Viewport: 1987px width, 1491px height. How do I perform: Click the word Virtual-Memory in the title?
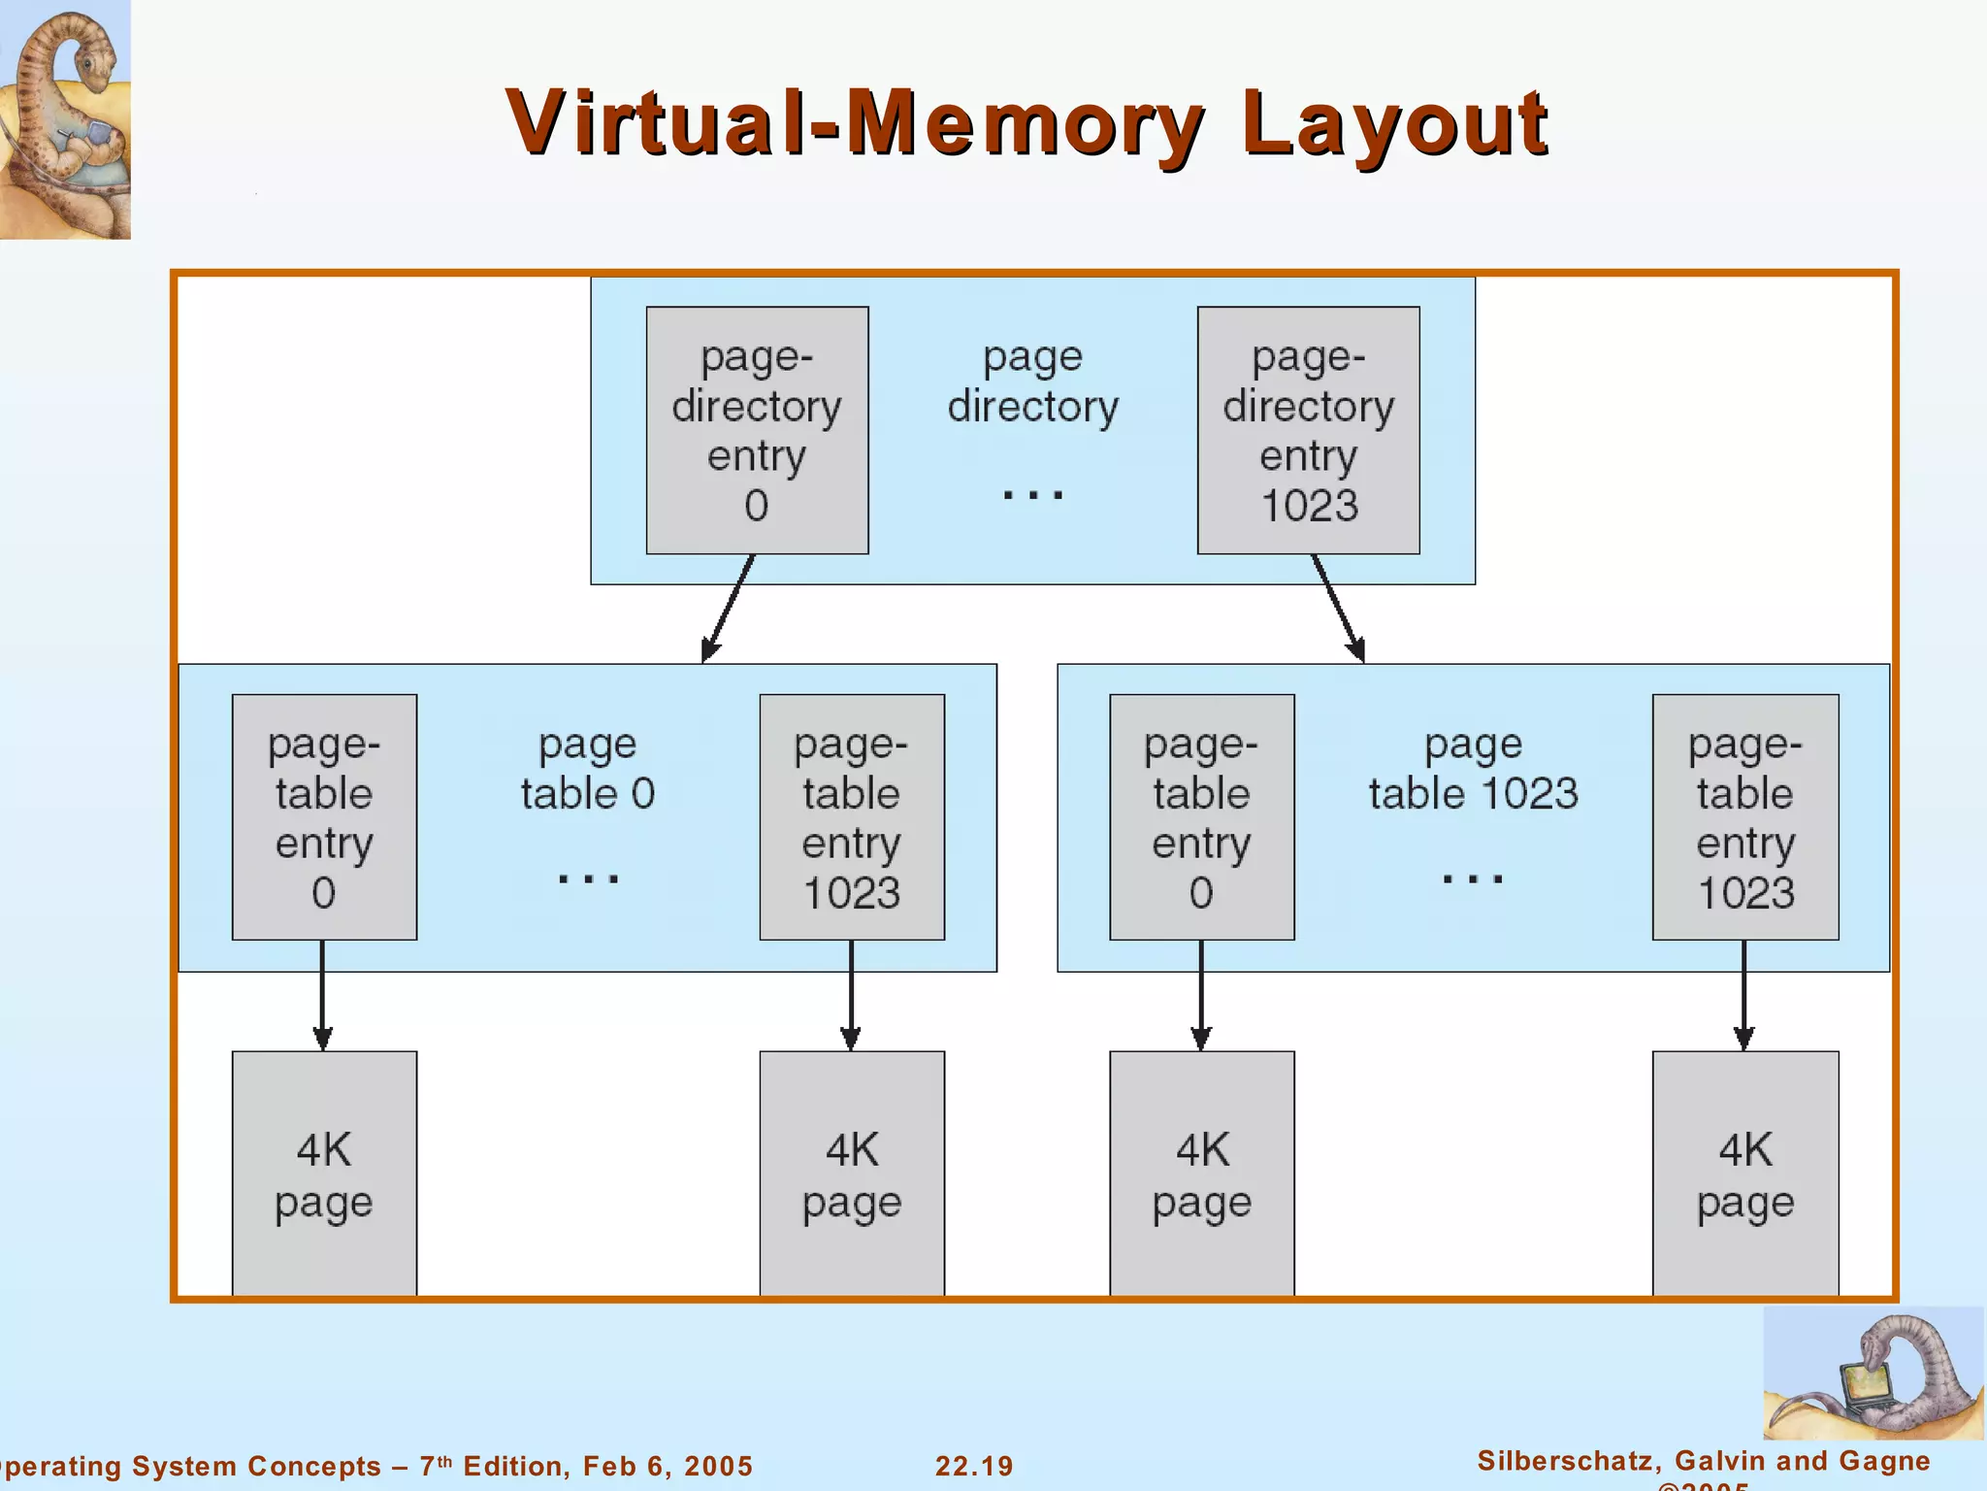coord(854,123)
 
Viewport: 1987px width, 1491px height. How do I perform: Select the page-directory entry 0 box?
coord(757,430)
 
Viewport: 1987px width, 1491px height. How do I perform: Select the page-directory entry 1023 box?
coord(1308,430)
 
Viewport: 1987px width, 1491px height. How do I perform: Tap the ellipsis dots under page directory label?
coord(1032,495)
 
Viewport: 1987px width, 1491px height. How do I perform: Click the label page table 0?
coord(587,770)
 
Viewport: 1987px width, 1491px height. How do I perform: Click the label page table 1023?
coord(1473,770)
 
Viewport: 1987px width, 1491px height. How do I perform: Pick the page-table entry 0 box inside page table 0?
coord(324,816)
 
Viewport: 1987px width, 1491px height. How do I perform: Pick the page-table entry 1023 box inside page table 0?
coord(852,816)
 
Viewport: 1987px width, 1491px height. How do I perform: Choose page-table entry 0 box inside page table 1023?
coord(1201,816)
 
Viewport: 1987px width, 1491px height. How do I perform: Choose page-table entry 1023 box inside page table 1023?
coord(1744,816)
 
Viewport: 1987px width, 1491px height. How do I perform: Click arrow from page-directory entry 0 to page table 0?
coord(730,608)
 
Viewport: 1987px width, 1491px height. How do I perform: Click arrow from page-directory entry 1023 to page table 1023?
coord(1338,608)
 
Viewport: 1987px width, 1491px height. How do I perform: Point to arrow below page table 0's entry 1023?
coord(851,995)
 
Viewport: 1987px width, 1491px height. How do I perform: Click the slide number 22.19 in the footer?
coord(973,1466)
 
